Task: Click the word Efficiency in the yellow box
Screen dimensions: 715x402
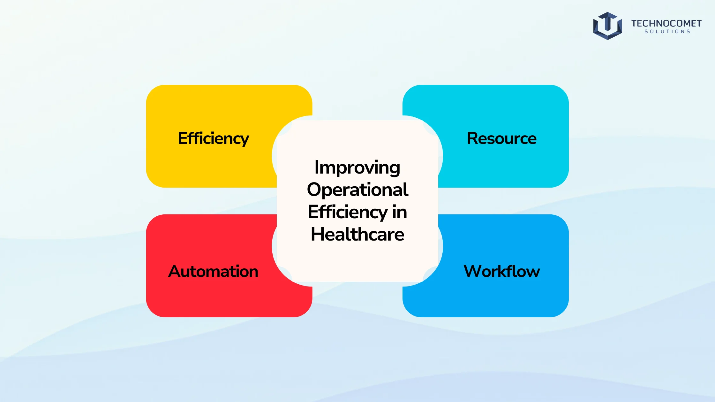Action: click(x=214, y=138)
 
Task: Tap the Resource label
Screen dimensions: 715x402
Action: click(x=502, y=138)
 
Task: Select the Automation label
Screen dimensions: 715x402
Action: click(x=213, y=271)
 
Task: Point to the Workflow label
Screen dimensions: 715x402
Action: click(x=502, y=271)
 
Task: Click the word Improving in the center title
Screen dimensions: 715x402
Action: click(x=357, y=168)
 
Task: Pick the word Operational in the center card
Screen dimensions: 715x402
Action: click(x=357, y=190)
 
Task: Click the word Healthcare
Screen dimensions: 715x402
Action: click(x=357, y=234)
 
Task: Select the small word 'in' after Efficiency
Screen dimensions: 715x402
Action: click(x=400, y=212)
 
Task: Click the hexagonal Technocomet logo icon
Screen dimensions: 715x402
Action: click(x=607, y=26)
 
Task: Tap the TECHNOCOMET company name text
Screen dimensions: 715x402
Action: click(x=666, y=23)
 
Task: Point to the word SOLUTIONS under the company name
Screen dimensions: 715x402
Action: click(x=667, y=32)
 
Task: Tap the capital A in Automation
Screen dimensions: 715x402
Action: click(x=175, y=272)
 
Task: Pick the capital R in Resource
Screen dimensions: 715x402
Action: click(x=473, y=138)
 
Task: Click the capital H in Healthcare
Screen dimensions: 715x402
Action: click(x=317, y=234)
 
